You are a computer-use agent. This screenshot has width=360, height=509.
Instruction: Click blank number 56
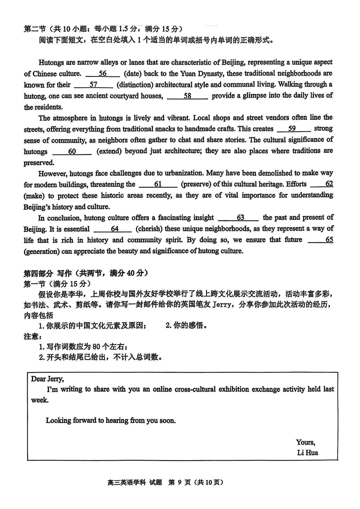coord(103,74)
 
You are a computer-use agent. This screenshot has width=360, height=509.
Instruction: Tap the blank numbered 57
coord(94,85)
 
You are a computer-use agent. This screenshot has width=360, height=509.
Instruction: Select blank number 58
coord(187,96)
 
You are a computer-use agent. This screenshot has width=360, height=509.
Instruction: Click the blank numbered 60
coord(72,152)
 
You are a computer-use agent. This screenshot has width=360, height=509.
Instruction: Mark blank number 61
coord(158,184)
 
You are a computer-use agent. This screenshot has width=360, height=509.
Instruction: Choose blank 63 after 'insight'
coord(240,218)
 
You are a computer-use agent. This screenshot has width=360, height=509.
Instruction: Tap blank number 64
coord(114,229)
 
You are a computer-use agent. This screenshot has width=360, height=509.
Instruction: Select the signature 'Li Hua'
coord(308,453)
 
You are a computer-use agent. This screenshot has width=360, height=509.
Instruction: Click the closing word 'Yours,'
coord(306,442)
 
